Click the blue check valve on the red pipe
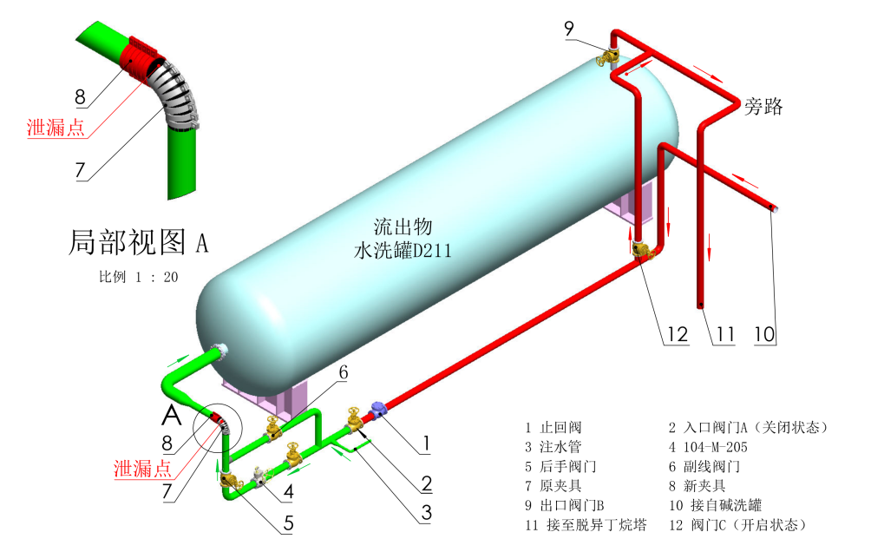(x=379, y=407)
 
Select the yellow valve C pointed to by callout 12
(x=642, y=252)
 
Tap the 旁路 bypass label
(x=763, y=107)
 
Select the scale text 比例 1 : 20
(x=138, y=278)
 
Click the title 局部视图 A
(x=139, y=242)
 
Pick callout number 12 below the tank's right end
(x=678, y=334)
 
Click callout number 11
(x=725, y=334)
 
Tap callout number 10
(x=763, y=334)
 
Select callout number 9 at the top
(x=569, y=28)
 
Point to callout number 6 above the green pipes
(x=343, y=371)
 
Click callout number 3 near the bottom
(x=426, y=513)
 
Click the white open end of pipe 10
(x=774, y=209)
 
